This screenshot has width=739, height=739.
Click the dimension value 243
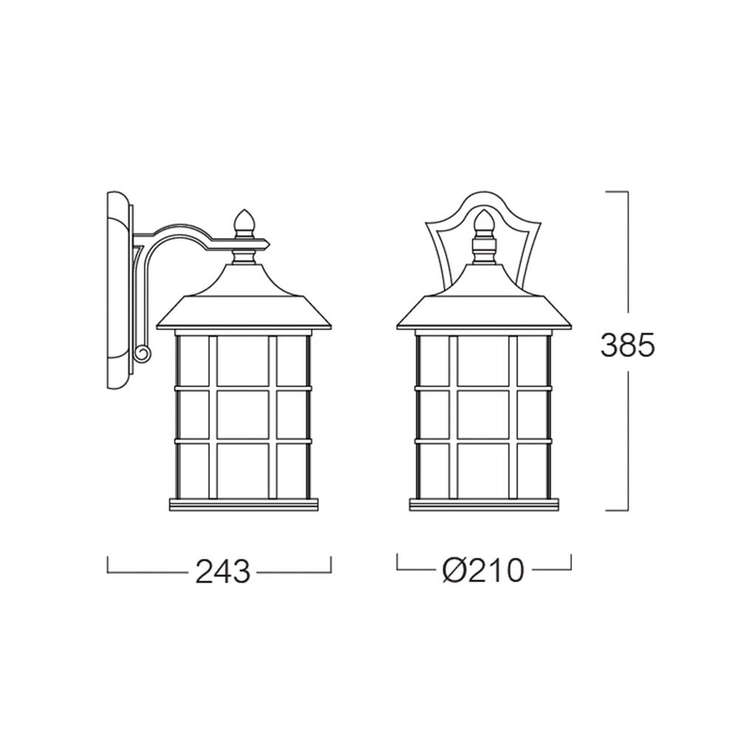pos(222,572)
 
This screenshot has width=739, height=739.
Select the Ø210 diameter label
pos(483,570)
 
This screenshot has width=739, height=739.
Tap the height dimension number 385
pos(627,345)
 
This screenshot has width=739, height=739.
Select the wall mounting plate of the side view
pos(118,290)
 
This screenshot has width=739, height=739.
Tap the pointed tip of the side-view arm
pos(269,244)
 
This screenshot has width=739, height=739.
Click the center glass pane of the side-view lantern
pos(242,415)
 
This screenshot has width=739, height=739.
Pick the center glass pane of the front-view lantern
pos(483,415)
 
